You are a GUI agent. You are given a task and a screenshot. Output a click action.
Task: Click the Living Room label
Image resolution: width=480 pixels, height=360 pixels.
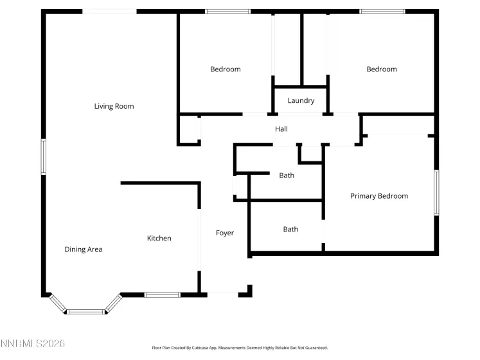click(114, 106)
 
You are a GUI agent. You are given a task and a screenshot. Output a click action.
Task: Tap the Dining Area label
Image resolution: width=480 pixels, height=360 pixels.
click(84, 249)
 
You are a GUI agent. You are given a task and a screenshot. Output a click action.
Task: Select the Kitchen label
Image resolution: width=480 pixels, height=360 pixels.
click(159, 239)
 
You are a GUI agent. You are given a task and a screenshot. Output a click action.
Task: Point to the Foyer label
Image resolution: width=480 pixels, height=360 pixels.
click(225, 233)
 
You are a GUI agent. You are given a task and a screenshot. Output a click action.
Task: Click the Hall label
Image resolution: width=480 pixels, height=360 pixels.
click(281, 129)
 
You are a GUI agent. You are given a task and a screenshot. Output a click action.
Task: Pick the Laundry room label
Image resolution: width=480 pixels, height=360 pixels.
click(301, 100)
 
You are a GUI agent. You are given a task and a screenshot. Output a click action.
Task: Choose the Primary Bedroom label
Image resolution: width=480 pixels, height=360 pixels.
click(379, 196)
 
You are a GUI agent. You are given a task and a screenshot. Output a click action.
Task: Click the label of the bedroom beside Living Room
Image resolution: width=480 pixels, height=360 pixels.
click(226, 69)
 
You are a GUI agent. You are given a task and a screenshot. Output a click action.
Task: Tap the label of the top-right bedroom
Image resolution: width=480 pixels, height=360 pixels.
click(382, 69)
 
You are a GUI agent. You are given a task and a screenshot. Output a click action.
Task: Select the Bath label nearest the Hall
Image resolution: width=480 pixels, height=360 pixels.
click(287, 175)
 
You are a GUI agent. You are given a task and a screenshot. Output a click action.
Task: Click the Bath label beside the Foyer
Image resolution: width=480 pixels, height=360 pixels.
click(290, 230)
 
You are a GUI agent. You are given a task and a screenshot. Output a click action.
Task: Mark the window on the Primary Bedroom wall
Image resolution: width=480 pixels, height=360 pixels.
click(436, 192)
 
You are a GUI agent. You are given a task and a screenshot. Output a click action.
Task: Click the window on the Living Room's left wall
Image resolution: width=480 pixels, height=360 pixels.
click(44, 156)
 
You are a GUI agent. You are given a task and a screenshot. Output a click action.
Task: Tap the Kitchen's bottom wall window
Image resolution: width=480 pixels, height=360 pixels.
click(162, 295)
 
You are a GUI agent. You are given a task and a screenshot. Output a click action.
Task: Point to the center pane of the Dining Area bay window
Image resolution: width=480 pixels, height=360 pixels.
click(86, 312)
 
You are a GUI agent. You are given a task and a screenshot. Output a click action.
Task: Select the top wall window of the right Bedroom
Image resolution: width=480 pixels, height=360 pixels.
click(382, 11)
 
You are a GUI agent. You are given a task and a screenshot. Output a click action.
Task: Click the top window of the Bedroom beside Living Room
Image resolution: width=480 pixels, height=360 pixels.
click(227, 11)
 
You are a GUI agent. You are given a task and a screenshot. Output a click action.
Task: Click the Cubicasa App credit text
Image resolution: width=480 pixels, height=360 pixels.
click(240, 348)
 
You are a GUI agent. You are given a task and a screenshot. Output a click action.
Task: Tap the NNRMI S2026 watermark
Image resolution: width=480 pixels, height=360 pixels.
click(33, 345)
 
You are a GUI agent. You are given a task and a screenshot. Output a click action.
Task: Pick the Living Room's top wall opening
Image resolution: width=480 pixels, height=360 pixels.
click(111, 11)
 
